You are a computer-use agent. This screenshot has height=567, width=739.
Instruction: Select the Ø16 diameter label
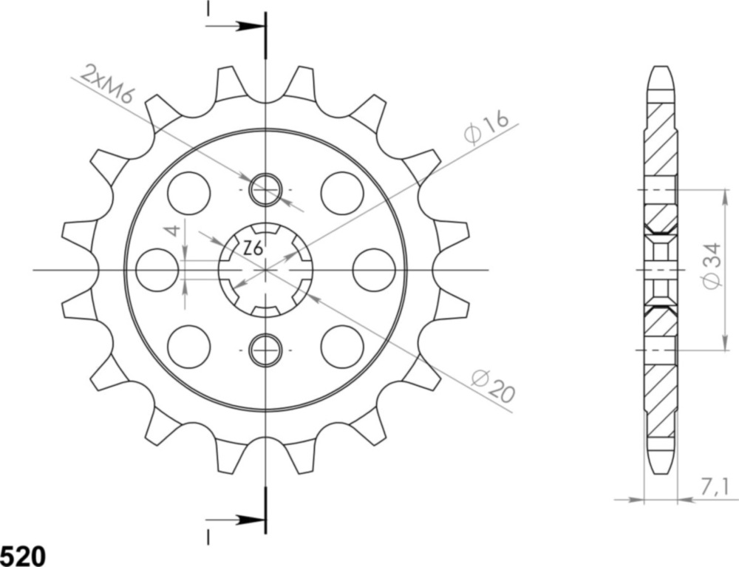pos(487,127)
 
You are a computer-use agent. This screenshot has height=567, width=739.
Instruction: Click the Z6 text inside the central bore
pos(253,250)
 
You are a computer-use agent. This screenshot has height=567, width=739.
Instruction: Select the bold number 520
pos(22,555)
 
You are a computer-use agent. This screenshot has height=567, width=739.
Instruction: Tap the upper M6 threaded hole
pos(265,190)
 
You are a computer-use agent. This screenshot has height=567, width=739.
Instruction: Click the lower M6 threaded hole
pos(265,350)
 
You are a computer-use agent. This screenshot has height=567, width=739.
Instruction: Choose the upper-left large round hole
pos(188,193)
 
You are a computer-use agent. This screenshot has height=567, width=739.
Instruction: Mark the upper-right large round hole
pos(342,193)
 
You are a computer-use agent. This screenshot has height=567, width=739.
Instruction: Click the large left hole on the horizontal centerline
pos(157,270)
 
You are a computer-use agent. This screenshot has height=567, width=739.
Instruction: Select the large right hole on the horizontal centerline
pos(373,270)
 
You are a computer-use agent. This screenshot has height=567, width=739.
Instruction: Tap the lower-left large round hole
pos(188,347)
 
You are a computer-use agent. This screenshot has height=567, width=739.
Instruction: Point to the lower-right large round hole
pos(342,347)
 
